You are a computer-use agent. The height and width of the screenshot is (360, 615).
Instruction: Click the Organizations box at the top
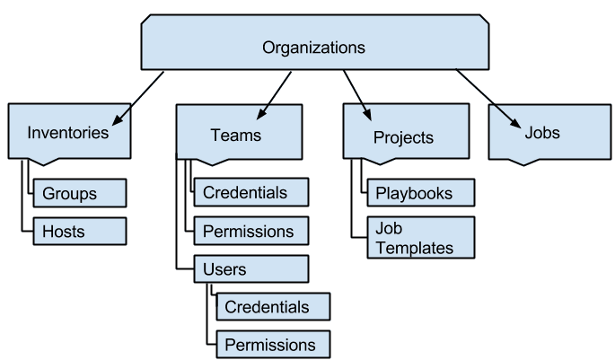pos(314,47)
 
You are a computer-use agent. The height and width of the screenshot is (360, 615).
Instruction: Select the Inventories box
pos(68,133)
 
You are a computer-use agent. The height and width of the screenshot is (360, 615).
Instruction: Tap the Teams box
pos(235,135)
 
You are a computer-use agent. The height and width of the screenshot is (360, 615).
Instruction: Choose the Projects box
pos(403,136)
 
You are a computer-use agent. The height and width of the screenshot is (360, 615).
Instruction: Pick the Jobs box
pos(542,133)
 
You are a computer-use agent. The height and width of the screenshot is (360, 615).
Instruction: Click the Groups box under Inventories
pos(79,193)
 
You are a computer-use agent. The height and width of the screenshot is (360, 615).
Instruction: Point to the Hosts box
pos(79,231)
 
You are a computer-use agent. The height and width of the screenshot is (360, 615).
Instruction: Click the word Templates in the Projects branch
pos(415,248)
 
